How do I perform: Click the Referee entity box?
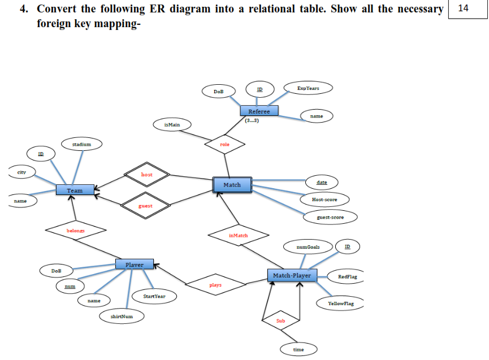tap(259, 111)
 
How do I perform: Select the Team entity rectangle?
tap(75, 190)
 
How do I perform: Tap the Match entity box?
tap(232, 185)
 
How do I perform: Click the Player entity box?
tap(134, 264)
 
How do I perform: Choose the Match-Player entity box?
tap(292, 275)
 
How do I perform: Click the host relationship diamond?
tap(146, 175)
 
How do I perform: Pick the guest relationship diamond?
tap(145, 206)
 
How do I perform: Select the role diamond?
tap(226, 145)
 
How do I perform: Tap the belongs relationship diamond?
tap(75, 231)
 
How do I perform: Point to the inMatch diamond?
tap(238, 235)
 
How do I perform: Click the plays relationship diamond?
tap(215, 285)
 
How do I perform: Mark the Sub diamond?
tap(281, 321)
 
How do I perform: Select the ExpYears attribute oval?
tap(308, 88)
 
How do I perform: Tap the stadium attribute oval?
tap(81, 144)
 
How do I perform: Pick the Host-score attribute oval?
tap(324, 199)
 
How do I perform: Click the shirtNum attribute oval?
tap(122, 316)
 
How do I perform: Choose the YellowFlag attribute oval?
tap(341, 304)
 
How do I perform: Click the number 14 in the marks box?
tap(464, 8)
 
